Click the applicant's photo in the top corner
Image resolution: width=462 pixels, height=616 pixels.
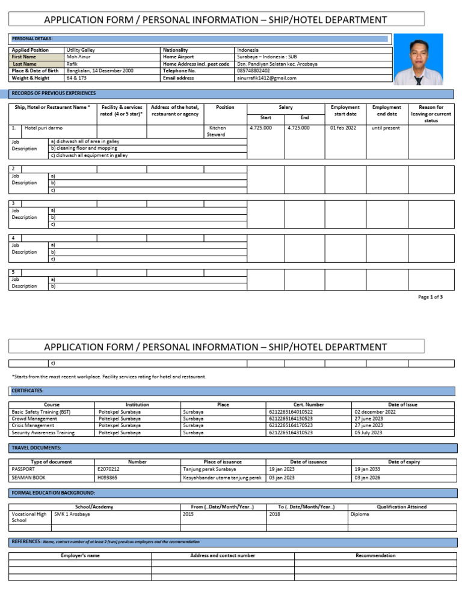tap(417, 58)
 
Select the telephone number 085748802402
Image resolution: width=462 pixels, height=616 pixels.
tap(254, 71)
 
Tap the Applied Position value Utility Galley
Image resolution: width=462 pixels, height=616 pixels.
tap(81, 50)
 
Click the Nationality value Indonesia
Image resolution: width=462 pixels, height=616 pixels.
tap(248, 50)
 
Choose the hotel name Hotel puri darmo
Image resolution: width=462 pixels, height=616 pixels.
tap(43, 128)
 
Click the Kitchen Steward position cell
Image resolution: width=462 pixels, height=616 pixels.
tap(217, 131)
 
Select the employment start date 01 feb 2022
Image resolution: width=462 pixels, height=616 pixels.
tap(343, 128)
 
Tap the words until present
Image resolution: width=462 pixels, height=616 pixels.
tap(385, 128)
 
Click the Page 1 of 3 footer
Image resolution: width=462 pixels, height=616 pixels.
tap(430, 297)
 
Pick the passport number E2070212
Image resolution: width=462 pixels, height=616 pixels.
tap(108, 469)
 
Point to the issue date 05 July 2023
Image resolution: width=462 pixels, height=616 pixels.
tap(368, 433)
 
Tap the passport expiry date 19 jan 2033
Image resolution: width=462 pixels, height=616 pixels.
tap(367, 469)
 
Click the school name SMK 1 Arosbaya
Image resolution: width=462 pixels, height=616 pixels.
tap(72, 515)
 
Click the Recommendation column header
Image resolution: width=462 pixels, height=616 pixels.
tap(375, 556)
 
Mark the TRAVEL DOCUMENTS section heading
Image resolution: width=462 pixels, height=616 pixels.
tap(36, 448)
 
